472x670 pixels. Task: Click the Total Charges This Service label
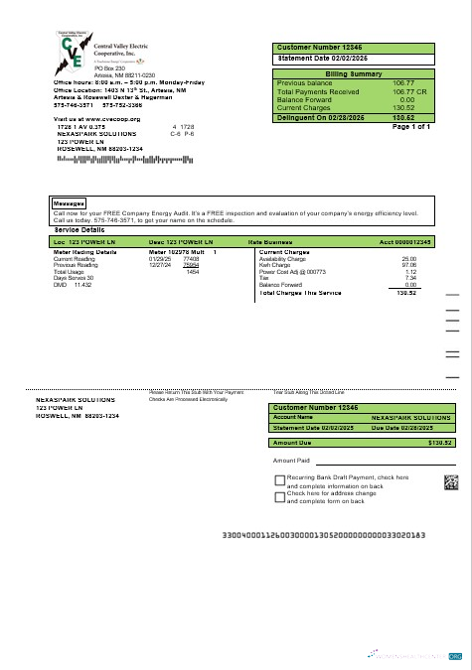tap(300, 293)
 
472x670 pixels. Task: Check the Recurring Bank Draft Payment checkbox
tap(279, 479)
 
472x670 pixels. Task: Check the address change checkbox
tap(279, 494)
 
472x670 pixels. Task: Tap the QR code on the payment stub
tap(451, 483)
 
